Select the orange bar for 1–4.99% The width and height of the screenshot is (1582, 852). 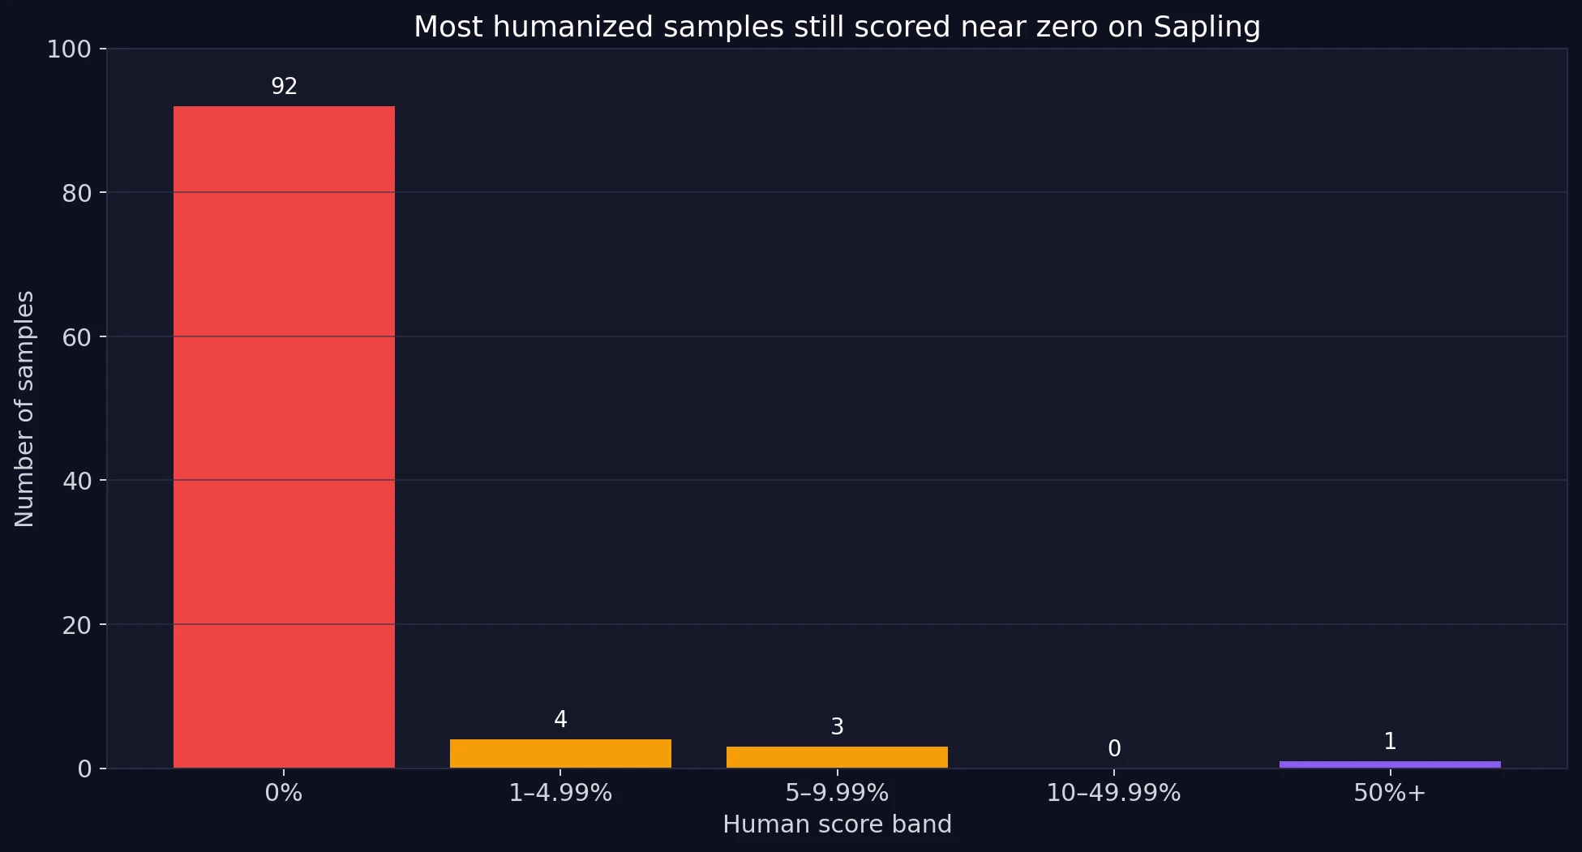(x=560, y=753)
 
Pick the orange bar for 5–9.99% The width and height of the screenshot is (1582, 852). (x=837, y=757)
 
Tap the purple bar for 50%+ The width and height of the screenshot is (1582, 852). (x=1390, y=764)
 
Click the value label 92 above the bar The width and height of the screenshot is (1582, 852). (x=284, y=87)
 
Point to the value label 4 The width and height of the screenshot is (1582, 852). (x=560, y=720)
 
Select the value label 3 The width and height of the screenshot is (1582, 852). (x=837, y=727)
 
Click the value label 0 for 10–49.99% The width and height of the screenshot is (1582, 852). (x=1114, y=749)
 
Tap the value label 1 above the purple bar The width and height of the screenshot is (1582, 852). (x=1390, y=742)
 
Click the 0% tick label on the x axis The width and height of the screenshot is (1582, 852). (x=284, y=793)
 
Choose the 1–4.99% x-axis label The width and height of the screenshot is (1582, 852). (x=560, y=793)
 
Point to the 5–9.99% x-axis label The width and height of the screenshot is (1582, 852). (x=837, y=793)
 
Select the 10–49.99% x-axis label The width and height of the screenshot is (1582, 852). (x=1113, y=793)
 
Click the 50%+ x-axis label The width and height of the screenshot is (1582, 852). (x=1390, y=793)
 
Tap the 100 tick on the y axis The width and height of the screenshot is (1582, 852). (x=69, y=49)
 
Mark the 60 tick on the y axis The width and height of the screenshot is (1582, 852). (x=76, y=337)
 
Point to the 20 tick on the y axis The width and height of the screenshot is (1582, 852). (x=76, y=625)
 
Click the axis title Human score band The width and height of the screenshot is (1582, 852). (x=837, y=824)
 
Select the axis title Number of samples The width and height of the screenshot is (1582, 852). (x=24, y=409)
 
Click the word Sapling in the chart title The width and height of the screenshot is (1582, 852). (x=1207, y=28)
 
